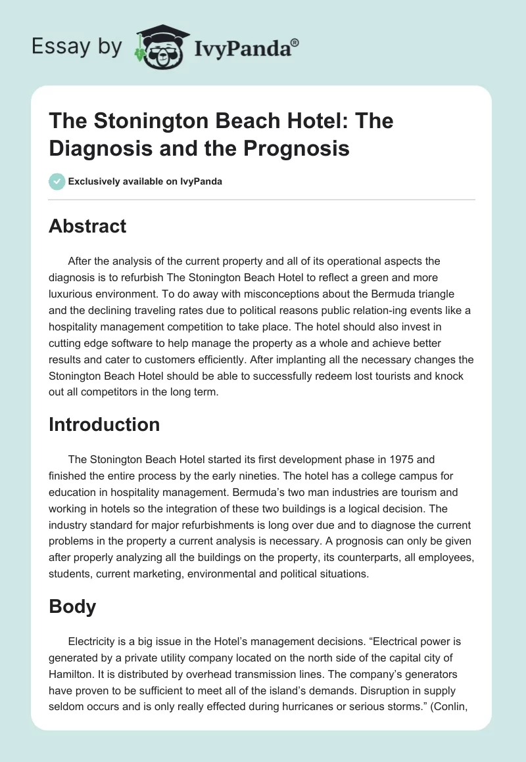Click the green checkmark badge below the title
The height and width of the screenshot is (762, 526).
pyautogui.click(x=57, y=181)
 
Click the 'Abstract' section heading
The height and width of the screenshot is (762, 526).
pyautogui.click(x=87, y=227)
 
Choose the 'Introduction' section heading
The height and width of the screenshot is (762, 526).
pyautogui.click(x=104, y=424)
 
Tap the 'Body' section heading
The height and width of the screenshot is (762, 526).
pyautogui.click(x=72, y=606)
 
